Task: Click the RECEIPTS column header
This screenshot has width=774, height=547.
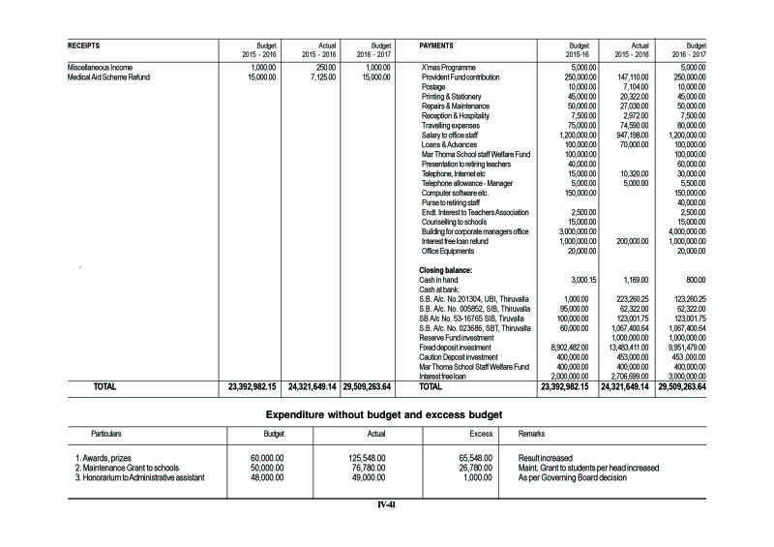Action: click(84, 46)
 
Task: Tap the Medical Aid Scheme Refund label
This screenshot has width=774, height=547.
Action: click(109, 76)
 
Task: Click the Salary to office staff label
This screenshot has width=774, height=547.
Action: click(451, 135)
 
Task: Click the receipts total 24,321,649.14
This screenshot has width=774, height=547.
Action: click(312, 386)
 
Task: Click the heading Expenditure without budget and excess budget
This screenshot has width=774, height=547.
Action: click(384, 414)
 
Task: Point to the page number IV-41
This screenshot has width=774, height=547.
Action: click(387, 504)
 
